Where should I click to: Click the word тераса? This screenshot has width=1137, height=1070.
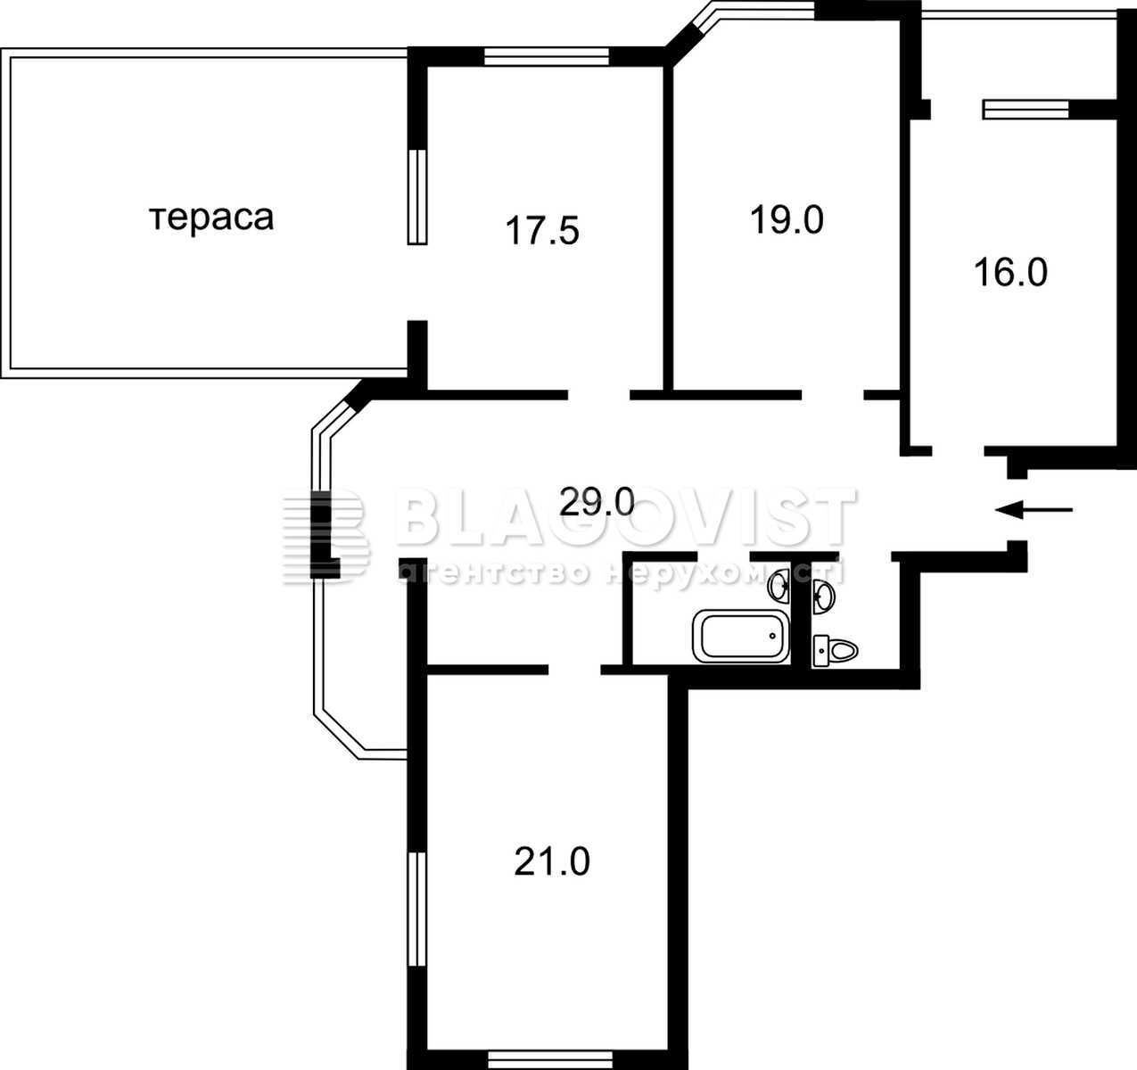click(x=211, y=219)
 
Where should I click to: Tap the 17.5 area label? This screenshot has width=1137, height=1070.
click(x=541, y=231)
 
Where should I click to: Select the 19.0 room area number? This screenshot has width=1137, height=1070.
click(x=787, y=220)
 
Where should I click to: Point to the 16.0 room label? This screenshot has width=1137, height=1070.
click(x=1010, y=272)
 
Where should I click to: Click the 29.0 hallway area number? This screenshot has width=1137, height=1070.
click(x=597, y=501)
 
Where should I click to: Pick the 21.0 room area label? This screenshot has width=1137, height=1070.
click(x=551, y=861)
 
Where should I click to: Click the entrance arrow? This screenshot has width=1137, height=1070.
click(x=1034, y=509)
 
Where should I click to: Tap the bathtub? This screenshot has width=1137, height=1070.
click(x=741, y=636)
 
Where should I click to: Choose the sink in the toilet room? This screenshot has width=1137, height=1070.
click(x=823, y=597)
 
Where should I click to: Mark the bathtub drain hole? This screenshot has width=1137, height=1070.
click(x=772, y=636)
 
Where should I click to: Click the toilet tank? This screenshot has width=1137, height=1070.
click(x=821, y=651)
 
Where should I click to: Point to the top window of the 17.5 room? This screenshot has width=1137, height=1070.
click(x=546, y=57)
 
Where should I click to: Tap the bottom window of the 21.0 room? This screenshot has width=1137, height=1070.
click(x=550, y=1060)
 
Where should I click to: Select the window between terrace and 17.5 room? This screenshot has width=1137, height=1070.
click(x=417, y=197)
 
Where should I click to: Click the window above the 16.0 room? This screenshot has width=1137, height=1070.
click(x=1026, y=109)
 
